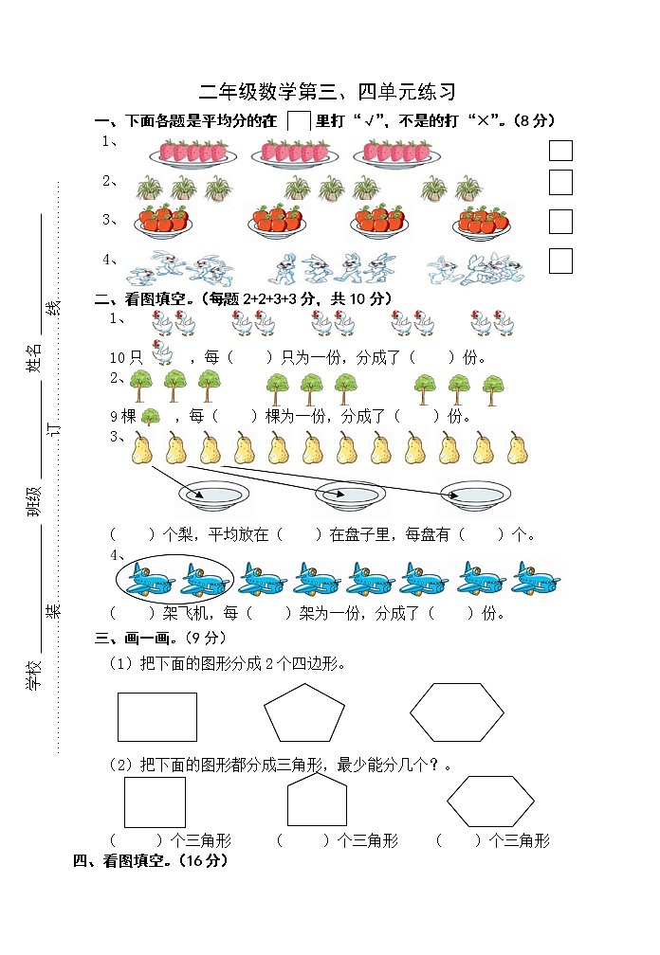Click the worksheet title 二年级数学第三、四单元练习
327,92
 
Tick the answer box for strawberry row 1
560,151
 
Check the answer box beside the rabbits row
560,261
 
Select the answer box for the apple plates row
560,222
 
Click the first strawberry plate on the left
193,153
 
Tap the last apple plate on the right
483,223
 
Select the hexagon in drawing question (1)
456,713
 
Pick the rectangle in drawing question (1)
157,716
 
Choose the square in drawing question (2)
156,802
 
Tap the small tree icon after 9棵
150,415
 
